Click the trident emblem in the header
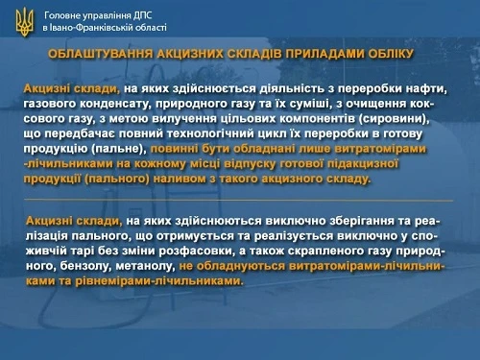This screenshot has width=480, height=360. click(x=24, y=21)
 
